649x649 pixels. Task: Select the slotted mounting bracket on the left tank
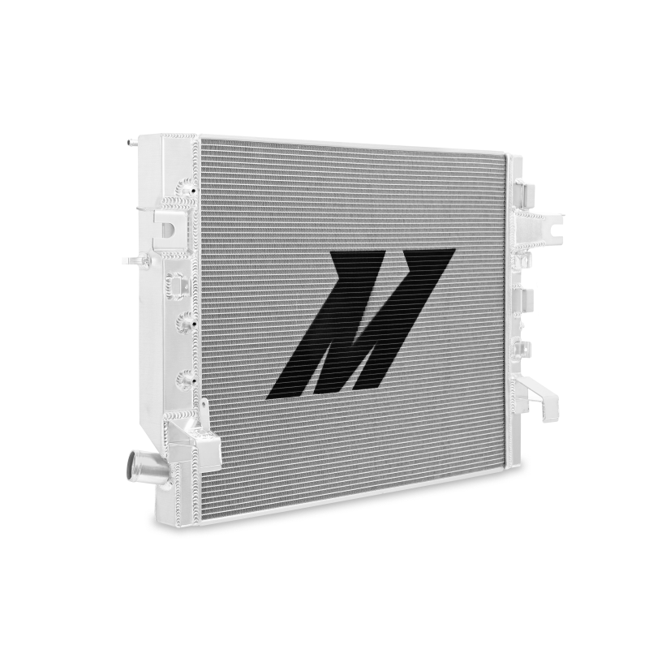click(168, 228)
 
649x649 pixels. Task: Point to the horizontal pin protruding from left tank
click(132, 260)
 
